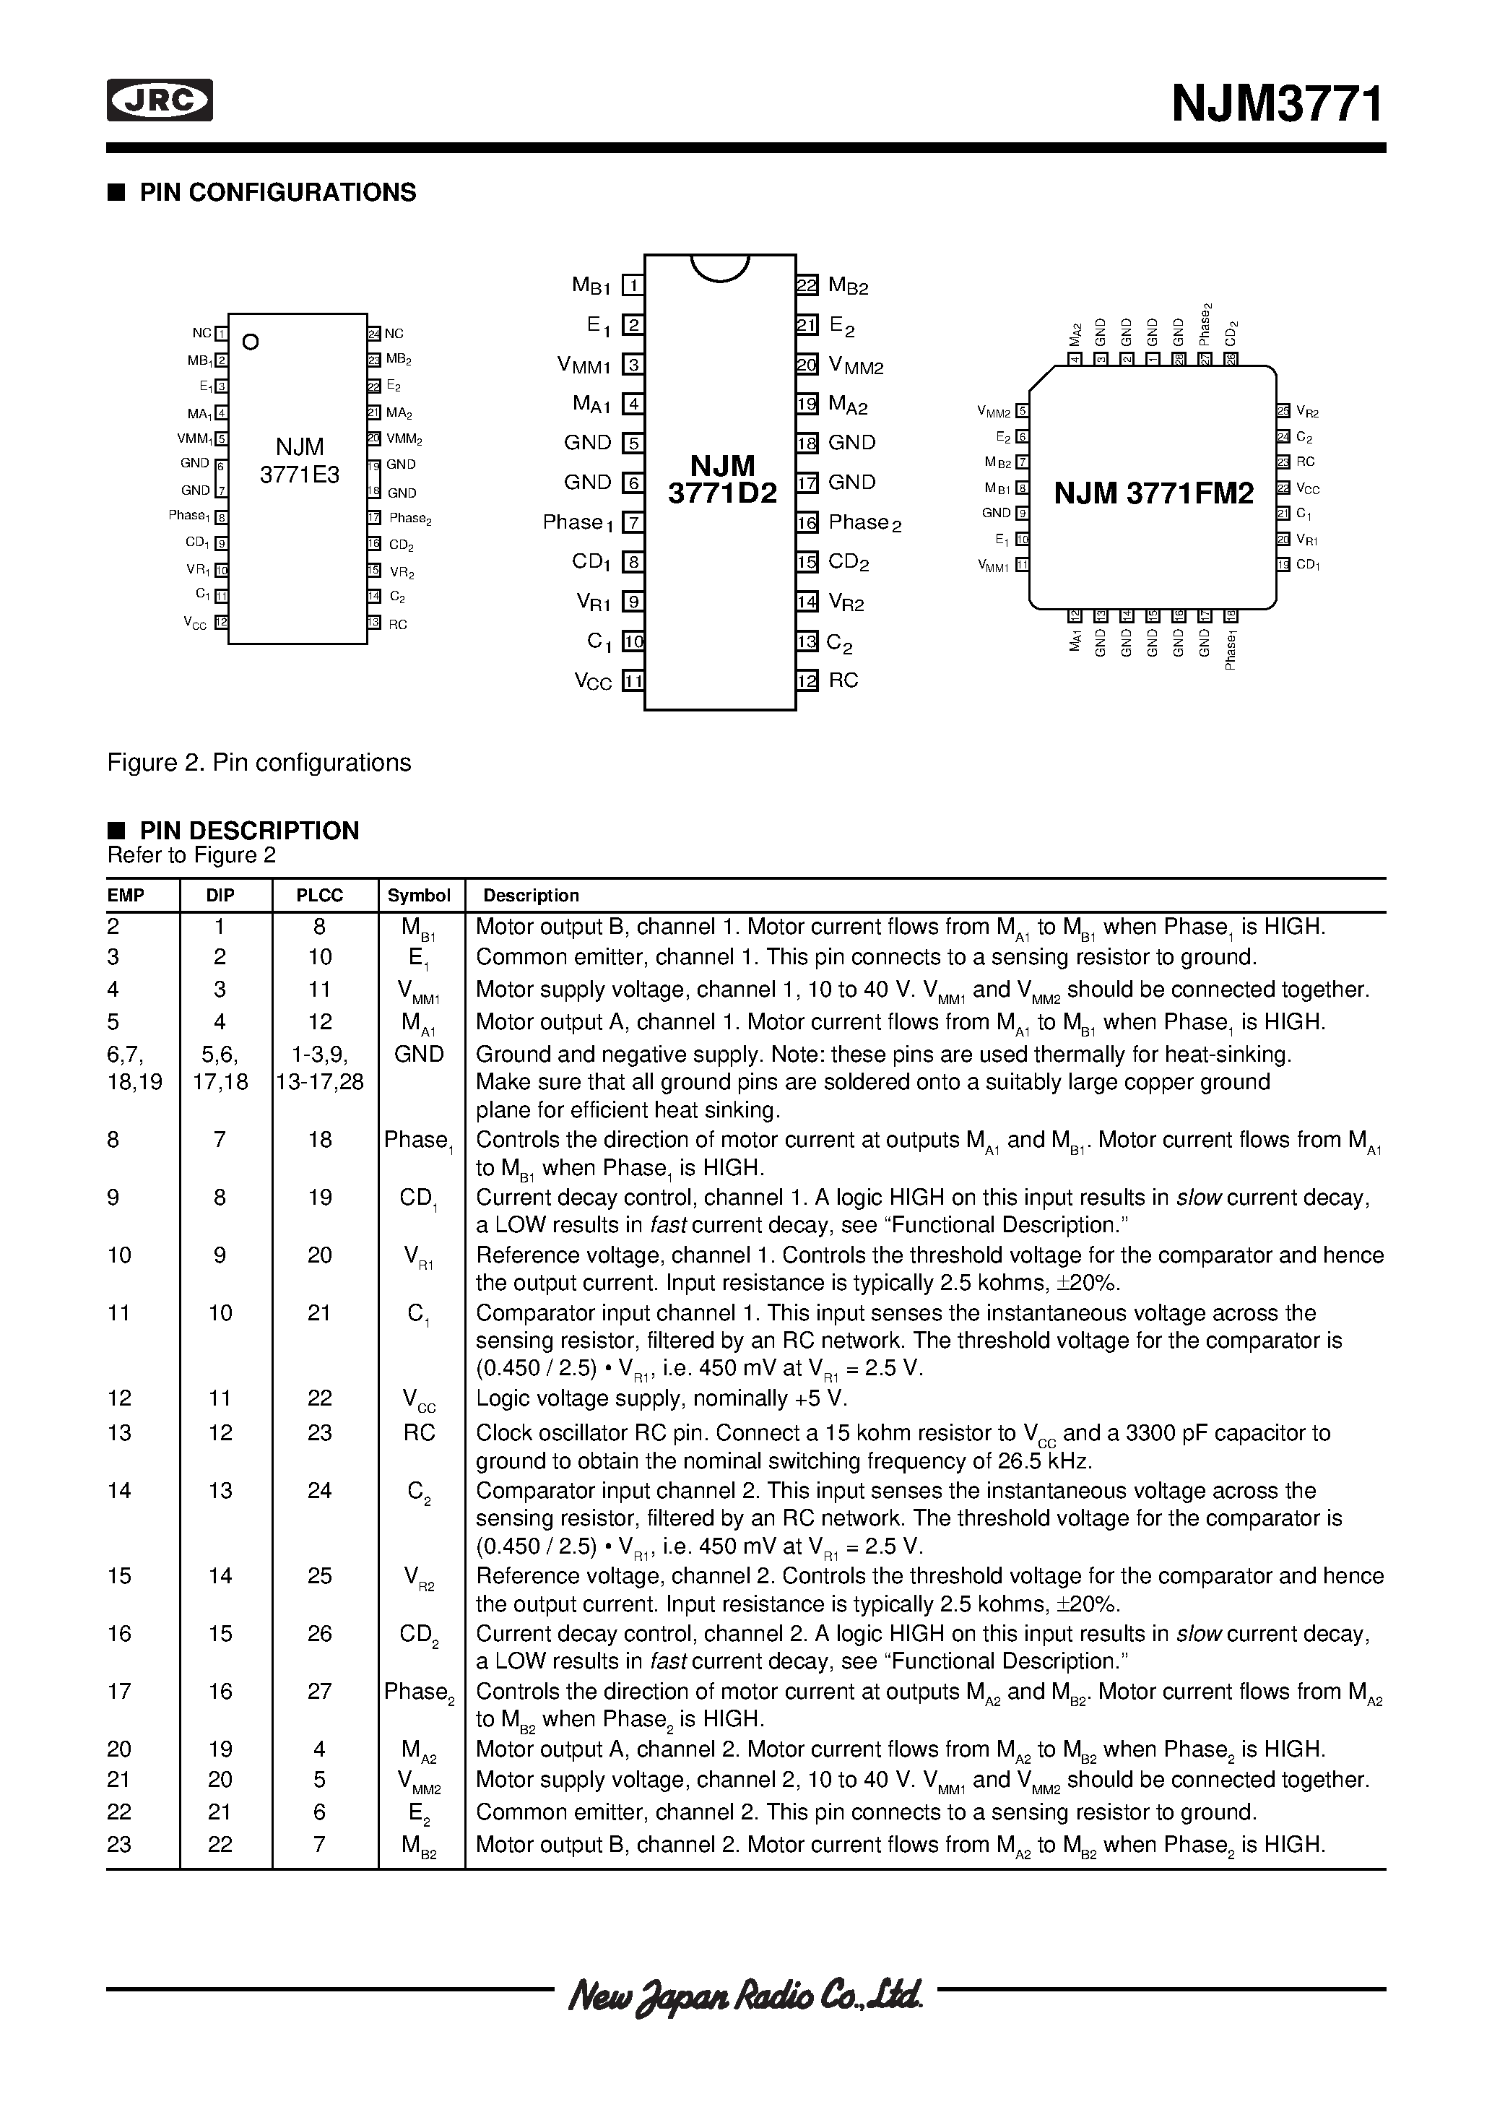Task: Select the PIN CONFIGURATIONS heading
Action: (277, 192)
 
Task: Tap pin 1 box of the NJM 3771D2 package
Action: (633, 285)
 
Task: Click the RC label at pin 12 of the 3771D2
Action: (843, 680)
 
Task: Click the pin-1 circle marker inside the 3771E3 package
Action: (250, 342)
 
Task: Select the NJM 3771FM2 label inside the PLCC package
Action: (1153, 494)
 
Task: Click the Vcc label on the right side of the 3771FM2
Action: (1307, 490)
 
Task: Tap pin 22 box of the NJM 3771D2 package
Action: (807, 285)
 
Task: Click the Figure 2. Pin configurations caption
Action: (259, 763)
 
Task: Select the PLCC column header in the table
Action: (319, 895)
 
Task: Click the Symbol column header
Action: (419, 895)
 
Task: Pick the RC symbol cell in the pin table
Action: (419, 1432)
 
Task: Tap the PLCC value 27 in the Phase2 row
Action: (319, 1691)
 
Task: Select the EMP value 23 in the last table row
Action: (120, 1843)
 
